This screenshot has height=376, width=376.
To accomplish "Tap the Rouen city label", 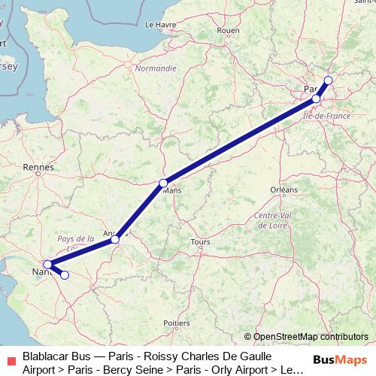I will tap(227, 31).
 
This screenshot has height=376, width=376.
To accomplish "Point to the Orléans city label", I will tap(284, 190).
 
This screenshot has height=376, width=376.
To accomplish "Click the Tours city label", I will tap(201, 242).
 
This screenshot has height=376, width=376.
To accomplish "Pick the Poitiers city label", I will tap(176, 323).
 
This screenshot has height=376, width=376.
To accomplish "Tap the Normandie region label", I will tap(156, 68).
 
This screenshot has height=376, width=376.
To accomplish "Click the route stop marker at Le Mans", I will tap(163, 183).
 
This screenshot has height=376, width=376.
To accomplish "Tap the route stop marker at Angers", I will tap(115, 239).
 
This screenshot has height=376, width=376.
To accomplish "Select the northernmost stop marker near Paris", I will tap(328, 80).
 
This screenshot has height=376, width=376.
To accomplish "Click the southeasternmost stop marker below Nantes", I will tap(64, 275).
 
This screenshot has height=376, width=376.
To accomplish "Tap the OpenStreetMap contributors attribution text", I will tap(310, 337).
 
